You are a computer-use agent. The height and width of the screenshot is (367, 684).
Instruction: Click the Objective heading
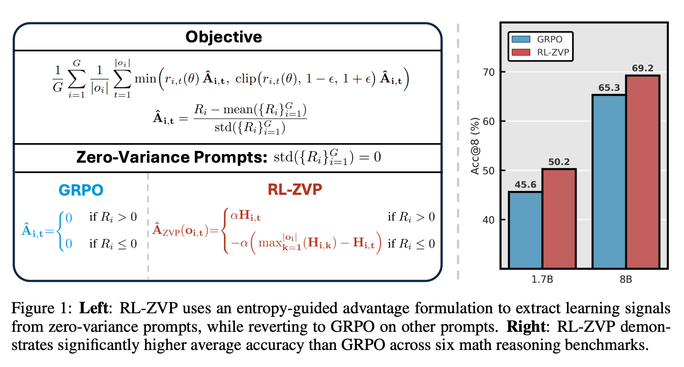223,37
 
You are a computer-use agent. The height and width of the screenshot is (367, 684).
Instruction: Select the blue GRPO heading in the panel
81,190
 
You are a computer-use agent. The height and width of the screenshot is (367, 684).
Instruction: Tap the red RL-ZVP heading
295,189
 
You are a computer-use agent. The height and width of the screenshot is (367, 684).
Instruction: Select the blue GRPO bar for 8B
609,182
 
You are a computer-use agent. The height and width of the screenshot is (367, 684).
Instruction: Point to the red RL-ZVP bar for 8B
643,172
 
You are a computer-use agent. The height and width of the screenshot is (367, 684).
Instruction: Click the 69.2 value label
643,68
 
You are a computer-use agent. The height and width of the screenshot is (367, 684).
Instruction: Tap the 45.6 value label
525,185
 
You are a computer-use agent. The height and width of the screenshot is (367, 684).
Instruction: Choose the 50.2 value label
559,162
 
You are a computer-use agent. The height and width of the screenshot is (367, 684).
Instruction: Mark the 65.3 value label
609,88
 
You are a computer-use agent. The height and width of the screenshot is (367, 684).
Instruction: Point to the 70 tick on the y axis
489,72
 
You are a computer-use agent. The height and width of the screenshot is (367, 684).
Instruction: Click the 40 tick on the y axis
489,220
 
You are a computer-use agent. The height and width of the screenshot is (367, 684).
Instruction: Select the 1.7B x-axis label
542,280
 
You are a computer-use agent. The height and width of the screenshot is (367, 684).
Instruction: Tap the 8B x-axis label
626,280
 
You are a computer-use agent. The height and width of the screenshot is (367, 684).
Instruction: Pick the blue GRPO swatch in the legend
521,39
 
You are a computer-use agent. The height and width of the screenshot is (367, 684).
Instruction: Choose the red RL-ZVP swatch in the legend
521,52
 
